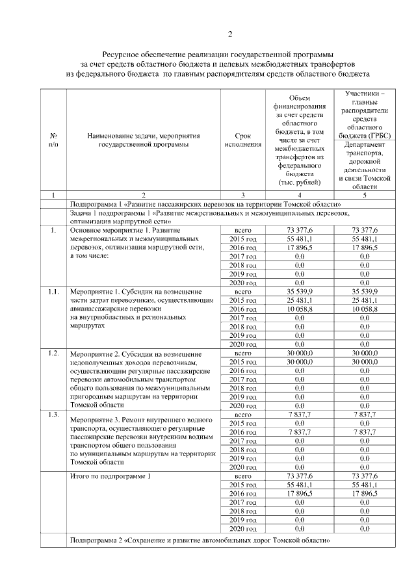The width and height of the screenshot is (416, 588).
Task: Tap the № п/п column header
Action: pos(53,140)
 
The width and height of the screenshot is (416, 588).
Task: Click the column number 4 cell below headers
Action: pos(300,195)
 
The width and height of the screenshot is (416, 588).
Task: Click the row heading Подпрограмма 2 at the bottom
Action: pos(201,541)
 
